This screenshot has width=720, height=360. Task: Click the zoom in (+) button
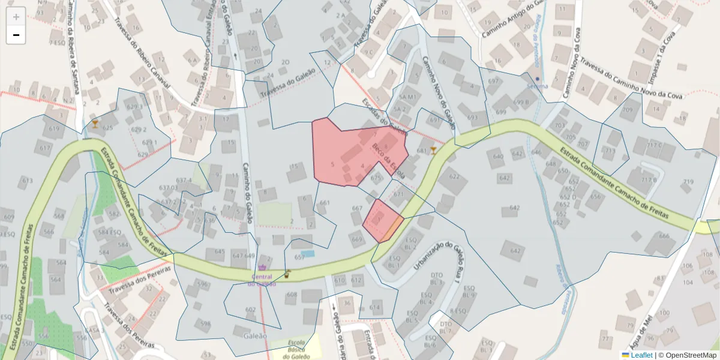coord(16,16)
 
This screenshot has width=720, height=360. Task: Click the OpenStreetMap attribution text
coord(688,355)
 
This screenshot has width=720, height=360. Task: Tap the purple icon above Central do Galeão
coord(262,268)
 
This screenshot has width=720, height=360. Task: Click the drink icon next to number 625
coord(95,124)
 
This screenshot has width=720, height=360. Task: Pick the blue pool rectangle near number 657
coord(308,254)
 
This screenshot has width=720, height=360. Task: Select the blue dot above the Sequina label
coord(538,79)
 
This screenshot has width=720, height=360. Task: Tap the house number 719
coord(688,182)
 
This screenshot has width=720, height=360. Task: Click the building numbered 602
coord(251,310)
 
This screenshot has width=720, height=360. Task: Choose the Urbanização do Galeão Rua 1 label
coord(437,261)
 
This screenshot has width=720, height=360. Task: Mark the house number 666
coord(664,236)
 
